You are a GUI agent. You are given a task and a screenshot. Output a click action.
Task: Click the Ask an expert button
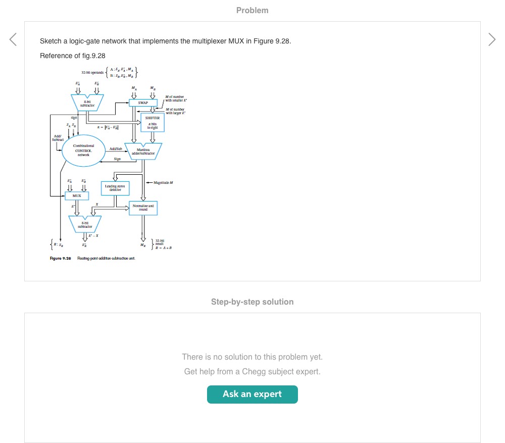click(x=252, y=395)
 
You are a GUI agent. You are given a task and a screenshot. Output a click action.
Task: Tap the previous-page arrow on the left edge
click(x=13, y=39)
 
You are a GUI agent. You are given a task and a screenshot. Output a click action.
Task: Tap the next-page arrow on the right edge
click(x=492, y=39)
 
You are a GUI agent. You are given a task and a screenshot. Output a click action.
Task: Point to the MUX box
click(x=77, y=195)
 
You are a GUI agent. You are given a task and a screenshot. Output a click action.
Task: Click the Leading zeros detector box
click(x=115, y=188)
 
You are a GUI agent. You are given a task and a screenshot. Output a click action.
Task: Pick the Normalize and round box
click(x=143, y=208)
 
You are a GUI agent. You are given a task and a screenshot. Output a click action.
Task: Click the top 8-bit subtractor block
click(x=87, y=103)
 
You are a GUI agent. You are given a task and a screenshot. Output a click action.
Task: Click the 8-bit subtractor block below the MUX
click(x=85, y=222)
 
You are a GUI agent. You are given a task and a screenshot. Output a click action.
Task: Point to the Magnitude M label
click(x=161, y=182)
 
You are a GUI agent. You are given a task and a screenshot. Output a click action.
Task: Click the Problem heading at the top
click(x=252, y=10)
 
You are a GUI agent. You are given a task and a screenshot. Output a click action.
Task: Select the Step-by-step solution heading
click(x=252, y=302)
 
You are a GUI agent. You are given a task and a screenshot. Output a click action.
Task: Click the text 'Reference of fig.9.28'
click(x=72, y=56)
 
